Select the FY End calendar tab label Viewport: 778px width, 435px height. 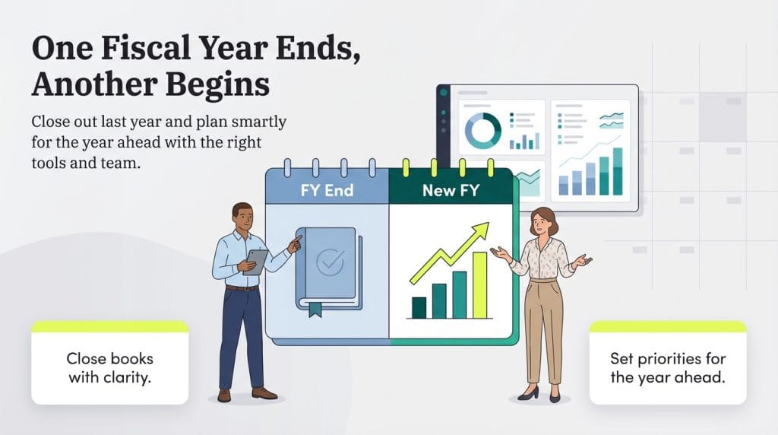327,190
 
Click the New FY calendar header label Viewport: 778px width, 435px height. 451,190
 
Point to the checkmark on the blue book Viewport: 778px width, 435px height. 328,262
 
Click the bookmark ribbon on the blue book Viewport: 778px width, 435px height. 315,307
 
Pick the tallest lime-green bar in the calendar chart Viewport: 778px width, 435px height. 479,284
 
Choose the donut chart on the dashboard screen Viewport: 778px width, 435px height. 482,131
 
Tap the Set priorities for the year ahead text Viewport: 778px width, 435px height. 668,367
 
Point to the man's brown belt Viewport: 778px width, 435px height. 242,287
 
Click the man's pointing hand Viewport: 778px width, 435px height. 295,240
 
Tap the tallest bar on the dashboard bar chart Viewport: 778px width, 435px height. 617,170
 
